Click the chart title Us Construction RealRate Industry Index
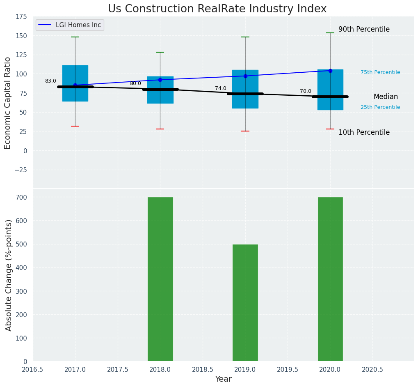[x=217, y=9]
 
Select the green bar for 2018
[x=160, y=279]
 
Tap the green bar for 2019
[x=245, y=303]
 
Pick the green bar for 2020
[x=330, y=279]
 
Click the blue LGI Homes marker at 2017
[x=75, y=85]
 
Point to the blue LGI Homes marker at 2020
[x=330, y=71]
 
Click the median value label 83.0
[x=50, y=81]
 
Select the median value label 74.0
[x=221, y=88]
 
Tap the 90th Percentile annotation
[x=364, y=30]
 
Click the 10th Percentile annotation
[x=364, y=132]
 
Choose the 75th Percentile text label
[x=380, y=72]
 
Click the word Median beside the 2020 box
[x=386, y=97]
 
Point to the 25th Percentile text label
[x=380, y=107]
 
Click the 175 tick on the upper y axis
[x=22, y=17]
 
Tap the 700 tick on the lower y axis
[x=22, y=197]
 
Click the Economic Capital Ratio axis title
[x=8, y=103]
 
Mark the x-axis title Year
[x=224, y=379]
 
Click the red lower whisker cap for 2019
[x=245, y=131]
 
